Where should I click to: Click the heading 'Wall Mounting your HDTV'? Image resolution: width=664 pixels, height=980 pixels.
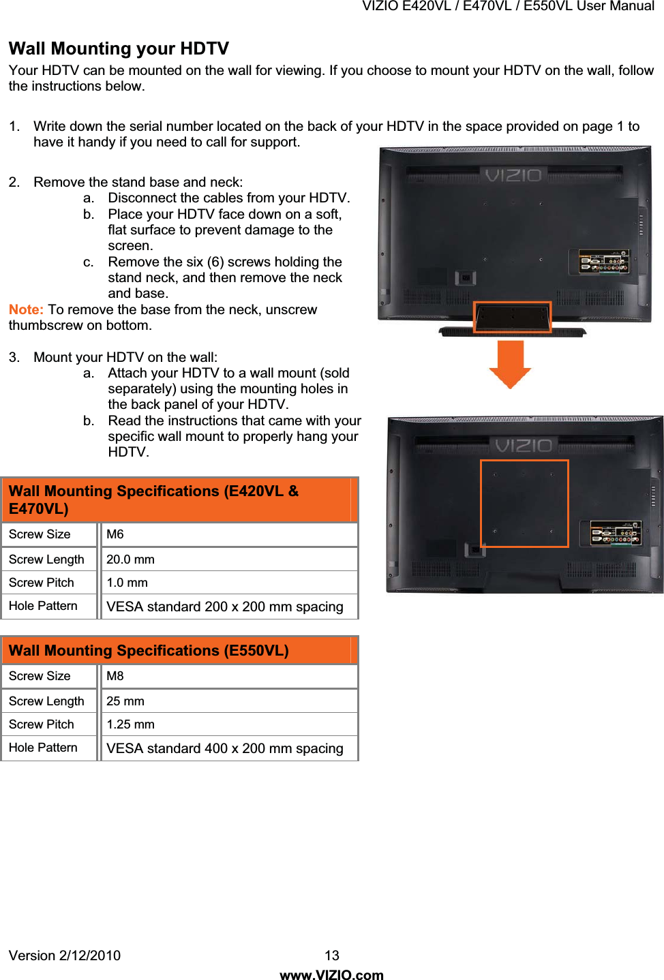pos(119,48)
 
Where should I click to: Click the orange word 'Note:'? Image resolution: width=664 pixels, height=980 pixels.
pos(26,309)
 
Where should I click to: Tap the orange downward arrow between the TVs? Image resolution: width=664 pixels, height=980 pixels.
pos(510,364)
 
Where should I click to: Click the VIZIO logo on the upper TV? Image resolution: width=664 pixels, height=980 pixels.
pos(513,176)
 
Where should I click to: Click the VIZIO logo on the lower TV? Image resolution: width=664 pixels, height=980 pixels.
pos(524,446)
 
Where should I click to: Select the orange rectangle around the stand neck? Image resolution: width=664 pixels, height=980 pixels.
pos(512,318)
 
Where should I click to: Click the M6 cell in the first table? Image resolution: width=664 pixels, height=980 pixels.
pos(115,534)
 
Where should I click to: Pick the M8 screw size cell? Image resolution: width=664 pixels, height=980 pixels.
pos(115,676)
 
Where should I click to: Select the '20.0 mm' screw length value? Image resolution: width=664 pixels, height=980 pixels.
pos(130,560)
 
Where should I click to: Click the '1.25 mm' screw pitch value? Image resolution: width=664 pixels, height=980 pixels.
pos(130,724)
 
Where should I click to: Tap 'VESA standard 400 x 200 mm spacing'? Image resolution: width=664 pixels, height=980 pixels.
pos(224,748)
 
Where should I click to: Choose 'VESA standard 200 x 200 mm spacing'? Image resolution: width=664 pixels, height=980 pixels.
pos(224,607)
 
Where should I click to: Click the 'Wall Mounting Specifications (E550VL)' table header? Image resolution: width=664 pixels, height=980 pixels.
pos(149,650)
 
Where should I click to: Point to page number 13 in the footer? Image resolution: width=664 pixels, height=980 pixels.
pos(332,955)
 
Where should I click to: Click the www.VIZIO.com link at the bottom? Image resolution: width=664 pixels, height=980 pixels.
pos(332,975)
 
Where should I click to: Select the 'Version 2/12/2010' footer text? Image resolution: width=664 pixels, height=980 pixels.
pos(65,955)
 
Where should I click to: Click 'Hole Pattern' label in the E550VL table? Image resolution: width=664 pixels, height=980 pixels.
pos(43,748)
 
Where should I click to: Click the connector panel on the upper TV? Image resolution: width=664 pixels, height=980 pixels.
pos(603,262)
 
